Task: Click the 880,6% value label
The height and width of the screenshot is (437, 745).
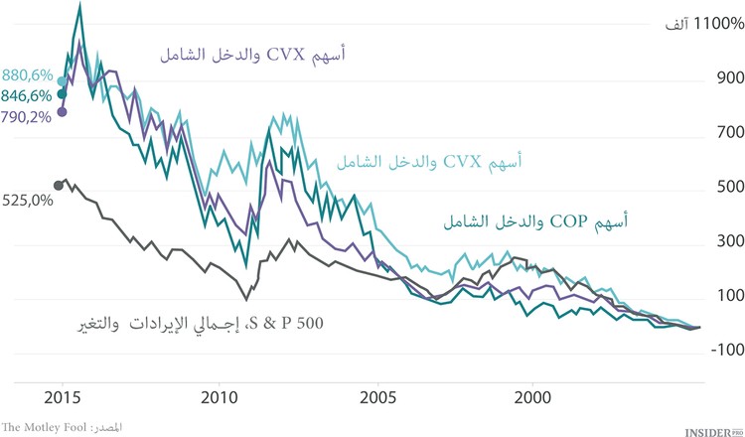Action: (x=28, y=74)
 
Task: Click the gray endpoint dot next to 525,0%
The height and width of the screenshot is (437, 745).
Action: (x=58, y=186)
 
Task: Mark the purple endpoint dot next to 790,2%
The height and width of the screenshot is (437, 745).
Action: (x=62, y=111)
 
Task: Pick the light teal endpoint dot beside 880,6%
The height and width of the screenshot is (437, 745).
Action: (x=62, y=82)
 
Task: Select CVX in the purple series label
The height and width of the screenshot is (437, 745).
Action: (x=293, y=57)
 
